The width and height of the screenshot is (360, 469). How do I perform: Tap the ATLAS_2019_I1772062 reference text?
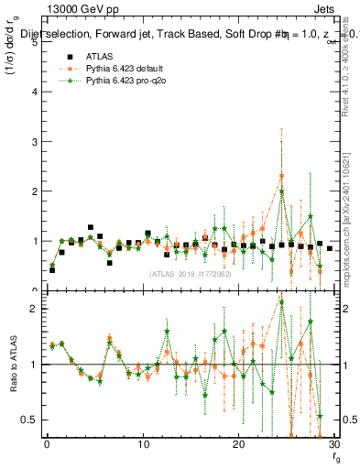coord(189,273)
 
